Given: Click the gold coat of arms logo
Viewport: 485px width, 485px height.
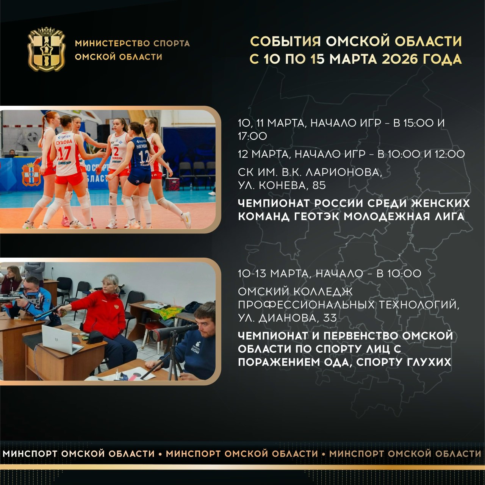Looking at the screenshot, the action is pos(46,49).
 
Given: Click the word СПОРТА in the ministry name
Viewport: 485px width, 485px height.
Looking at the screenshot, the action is pos(172,43).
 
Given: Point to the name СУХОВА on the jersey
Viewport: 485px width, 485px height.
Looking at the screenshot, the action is pos(64,142).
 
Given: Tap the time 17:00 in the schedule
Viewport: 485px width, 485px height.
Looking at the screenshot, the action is pos(252,136).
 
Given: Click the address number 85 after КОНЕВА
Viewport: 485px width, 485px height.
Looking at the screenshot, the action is pos(319,186).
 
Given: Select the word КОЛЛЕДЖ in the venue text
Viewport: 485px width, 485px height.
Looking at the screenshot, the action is pos(323,292).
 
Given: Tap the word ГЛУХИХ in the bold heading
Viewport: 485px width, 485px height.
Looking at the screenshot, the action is pos(425,362).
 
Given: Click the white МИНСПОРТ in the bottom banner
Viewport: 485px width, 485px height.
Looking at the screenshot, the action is pos(30,454).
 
